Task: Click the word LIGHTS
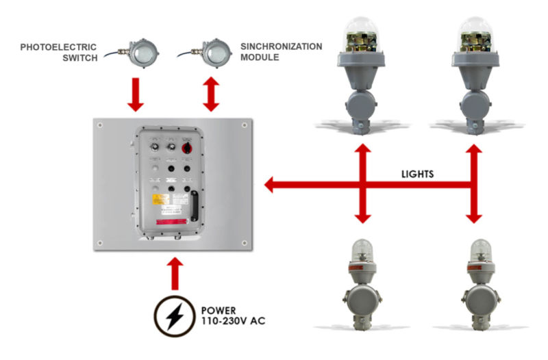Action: tap(416, 174)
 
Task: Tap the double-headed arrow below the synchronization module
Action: tap(210, 97)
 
